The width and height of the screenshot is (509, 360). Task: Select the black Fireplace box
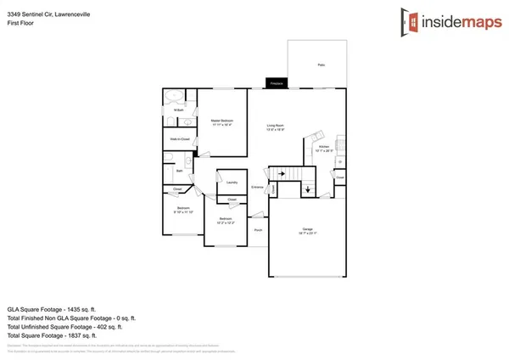click(x=277, y=83)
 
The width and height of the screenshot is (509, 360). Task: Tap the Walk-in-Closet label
click(x=178, y=138)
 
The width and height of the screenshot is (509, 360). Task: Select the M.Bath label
click(x=179, y=110)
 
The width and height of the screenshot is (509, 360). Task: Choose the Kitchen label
click(x=323, y=146)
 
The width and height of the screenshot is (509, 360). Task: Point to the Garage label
click(x=307, y=231)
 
